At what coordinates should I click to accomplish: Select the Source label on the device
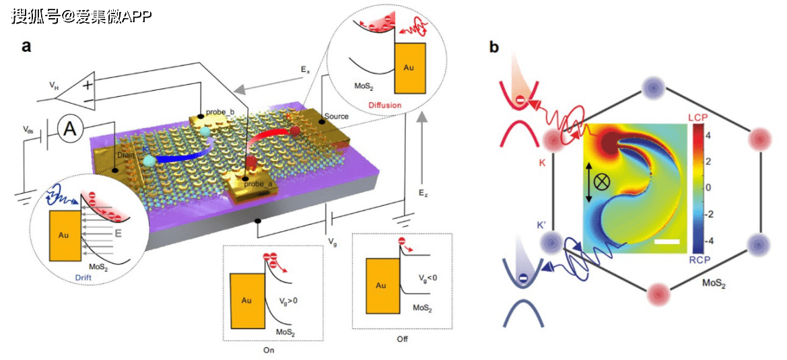pos(337,116)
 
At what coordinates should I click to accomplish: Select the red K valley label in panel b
pos(542,163)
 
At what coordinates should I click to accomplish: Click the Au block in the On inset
pos(248,300)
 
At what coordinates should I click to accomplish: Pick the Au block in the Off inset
pos(380,285)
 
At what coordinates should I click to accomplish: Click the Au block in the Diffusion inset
pos(409,68)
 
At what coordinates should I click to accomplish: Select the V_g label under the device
pos(333,240)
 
